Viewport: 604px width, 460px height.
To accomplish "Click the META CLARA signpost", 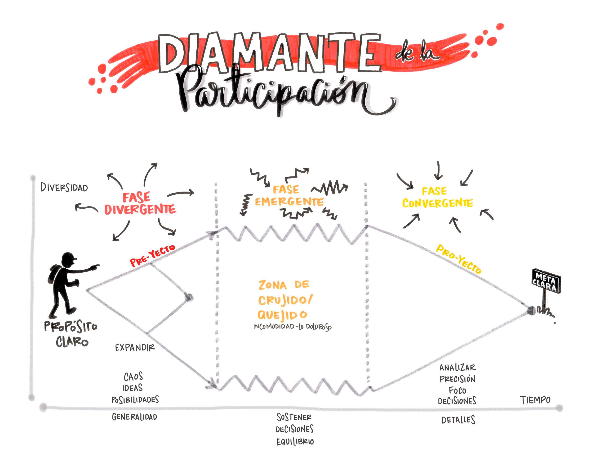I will (x=546, y=281).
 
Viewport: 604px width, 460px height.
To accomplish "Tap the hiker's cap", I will (x=69, y=257).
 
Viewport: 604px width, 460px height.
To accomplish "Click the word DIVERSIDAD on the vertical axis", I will (x=64, y=188).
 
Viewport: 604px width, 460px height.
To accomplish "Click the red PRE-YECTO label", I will (x=152, y=255).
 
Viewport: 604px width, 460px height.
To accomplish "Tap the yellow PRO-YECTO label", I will (x=458, y=259).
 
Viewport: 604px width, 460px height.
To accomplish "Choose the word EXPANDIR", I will (x=135, y=348).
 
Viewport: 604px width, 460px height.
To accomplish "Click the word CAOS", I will (x=133, y=377).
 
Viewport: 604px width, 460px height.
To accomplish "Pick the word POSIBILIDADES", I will (x=135, y=400).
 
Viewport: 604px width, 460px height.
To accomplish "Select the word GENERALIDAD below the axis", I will (x=135, y=417).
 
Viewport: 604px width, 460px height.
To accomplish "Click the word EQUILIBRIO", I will (x=295, y=442).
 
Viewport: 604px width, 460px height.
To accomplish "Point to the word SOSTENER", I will (x=294, y=417).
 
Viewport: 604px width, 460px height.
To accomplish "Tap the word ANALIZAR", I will (x=458, y=368).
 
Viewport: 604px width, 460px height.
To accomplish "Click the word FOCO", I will (x=457, y=390).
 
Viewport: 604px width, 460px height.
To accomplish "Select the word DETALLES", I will (x=458, y=420).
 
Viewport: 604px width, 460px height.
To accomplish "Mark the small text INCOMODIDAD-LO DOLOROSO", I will (x=292, y=327).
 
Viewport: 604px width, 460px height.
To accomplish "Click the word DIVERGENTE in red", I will (x=140, y=210).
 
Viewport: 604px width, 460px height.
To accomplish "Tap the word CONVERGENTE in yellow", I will (x=438, y=203).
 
